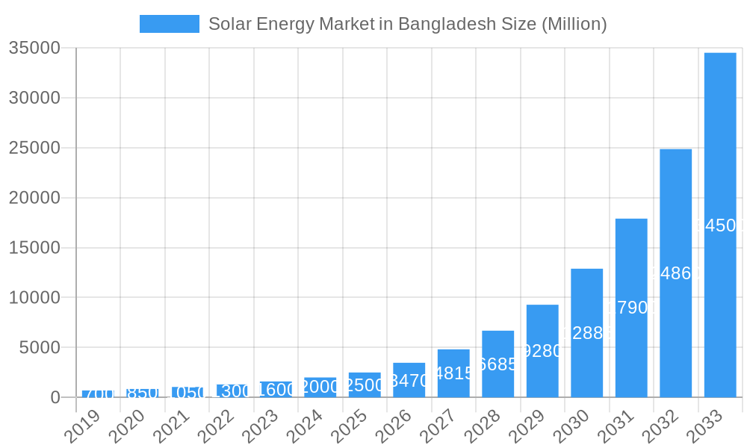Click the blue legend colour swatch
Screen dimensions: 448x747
[x=170, y=24]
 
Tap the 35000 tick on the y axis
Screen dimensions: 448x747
[x=34, y=49]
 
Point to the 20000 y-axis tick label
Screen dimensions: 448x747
[x=34, y=198]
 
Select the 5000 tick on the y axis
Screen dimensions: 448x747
[x=39, y=348]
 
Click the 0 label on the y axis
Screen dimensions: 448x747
[x=55, y=398]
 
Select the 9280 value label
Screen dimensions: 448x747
[x=542, y=351]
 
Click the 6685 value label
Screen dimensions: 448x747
[x=498, y=364]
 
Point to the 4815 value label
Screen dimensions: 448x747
[x=453, y=373]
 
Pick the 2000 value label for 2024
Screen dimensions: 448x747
[x=320, y=387]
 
